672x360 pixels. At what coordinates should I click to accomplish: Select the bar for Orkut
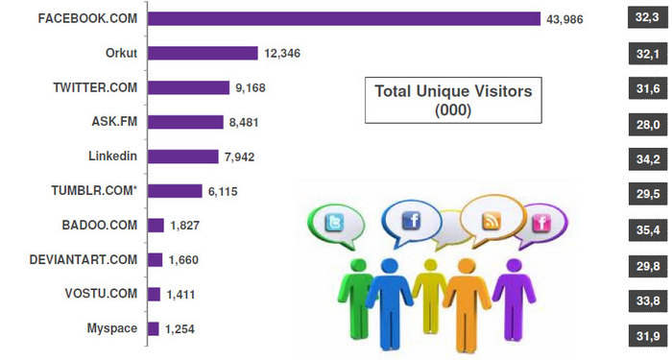pos(203,53)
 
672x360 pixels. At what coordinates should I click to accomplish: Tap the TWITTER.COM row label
pos(95,87)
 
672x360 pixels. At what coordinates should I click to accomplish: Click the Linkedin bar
pos(183,156)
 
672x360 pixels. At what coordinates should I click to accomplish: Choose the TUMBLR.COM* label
pos(95,191)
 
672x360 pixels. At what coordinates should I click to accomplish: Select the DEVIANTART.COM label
pos(84,260)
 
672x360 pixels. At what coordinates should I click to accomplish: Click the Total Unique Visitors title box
pos(452,99)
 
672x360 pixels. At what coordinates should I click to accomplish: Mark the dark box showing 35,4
pos(643,226)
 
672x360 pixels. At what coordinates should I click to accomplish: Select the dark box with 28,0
pos(643,122)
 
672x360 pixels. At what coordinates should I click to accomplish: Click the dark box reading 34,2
pos(643,156)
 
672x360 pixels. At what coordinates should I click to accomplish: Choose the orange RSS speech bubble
pos(492,222)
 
